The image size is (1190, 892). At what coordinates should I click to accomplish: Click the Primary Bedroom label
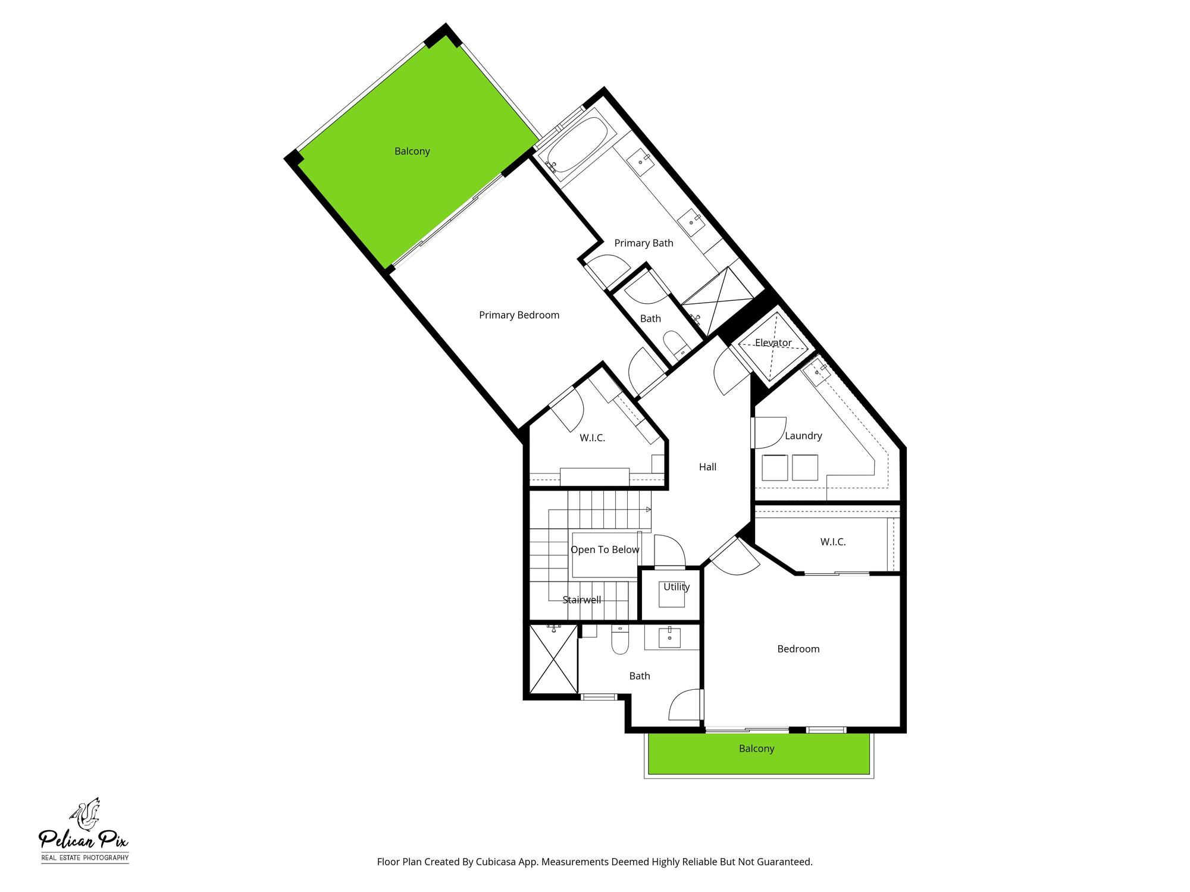pyautogui.click(x=519, y=315)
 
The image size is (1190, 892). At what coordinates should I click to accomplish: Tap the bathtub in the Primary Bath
pyautogui.click(x=576, y=146)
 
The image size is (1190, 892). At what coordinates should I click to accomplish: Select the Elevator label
pyautogui.click(x=773, y=343)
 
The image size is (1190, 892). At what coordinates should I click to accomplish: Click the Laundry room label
pyautogui.click(x=803, y=436)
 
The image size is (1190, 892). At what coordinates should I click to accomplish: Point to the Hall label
pyautogui.click(x=707, y=467)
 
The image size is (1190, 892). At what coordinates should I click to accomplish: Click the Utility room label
pyautogui.click(x=677, y=587)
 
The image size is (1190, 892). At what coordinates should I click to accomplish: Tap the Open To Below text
pyautogui.click(x=605, y=550)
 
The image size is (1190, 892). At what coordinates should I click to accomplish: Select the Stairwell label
pyautogui.click(x=581, y=600)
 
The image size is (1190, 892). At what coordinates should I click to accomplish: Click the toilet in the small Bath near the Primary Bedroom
pyautogui.click(x=675, y=345)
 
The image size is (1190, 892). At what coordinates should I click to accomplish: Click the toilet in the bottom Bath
pyautogui.click(x=620, y=640)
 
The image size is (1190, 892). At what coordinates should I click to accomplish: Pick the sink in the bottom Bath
pyautogui.click(x=671, y=637)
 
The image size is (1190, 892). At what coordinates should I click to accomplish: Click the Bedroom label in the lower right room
pyautogui.click(x=798, y=649)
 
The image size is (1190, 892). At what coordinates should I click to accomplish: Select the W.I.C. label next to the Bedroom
pyautogui.click(x=832, y=542)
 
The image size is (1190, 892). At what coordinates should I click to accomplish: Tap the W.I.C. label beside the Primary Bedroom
pyautogui.click(x=592, y=438)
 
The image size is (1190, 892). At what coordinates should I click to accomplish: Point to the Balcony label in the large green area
pyautogui.click(x=412, y=152)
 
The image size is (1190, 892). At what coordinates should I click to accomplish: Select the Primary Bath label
pyautogui.click(x=643, y=243)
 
